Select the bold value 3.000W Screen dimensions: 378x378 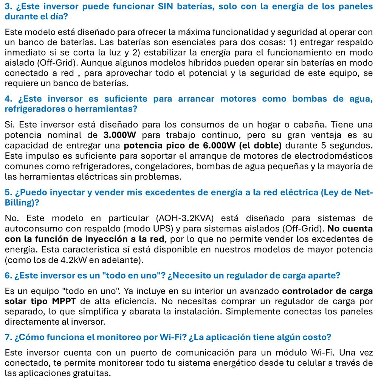coord(119,135)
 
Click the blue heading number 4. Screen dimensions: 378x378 coord(8,99)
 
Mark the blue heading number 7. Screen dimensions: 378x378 coord(8,337)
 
